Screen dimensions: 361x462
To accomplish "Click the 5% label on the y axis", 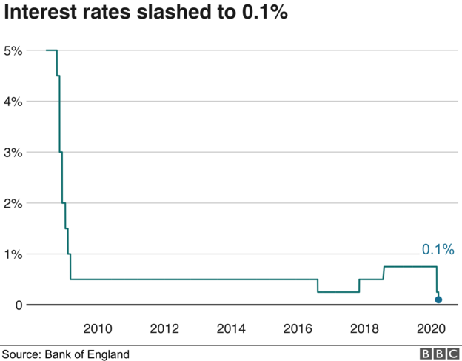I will (13, 50).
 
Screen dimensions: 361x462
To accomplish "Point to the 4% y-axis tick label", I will (13, 102).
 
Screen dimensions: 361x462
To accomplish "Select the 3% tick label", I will (13, 153).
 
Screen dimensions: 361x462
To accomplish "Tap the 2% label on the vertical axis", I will (13, 203).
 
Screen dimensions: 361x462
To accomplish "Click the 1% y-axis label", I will (13, 254).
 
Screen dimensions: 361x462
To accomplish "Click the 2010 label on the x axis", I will (97, 328).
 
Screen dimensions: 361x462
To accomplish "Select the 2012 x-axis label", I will (164, 328).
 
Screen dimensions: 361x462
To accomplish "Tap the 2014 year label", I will (232, 328).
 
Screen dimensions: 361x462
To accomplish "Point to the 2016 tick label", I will (299, 328).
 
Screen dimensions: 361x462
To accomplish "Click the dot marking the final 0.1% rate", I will (438, 299).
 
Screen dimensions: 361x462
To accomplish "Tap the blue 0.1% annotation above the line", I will (437, 250).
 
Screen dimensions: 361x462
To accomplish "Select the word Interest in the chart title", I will (36, 14).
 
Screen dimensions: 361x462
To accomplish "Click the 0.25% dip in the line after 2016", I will (338, 292).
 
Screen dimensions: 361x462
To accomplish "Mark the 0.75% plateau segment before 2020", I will (410, 267).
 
